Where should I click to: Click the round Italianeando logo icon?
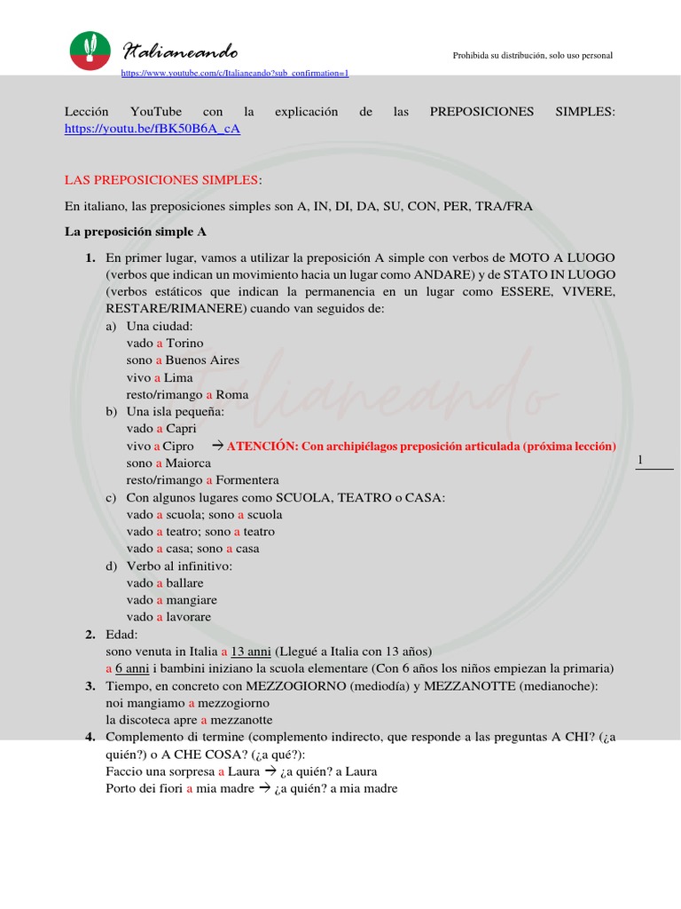pos(90,50)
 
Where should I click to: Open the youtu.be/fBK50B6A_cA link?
pos(153,129)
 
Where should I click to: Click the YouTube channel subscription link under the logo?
pos(234,73)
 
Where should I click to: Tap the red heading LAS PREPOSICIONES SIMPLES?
pos(160,180)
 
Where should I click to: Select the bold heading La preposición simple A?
pos(136,232)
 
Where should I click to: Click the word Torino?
pos(184,343)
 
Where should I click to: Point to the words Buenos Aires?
pos(202,360)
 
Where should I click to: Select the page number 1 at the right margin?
pos(640,459)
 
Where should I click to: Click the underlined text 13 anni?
pos(252,651)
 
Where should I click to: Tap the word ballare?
pos(184,583)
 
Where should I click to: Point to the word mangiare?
pos(191,600)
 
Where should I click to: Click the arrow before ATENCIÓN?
pos(216,446)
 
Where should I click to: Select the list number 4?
pos(90,737)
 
